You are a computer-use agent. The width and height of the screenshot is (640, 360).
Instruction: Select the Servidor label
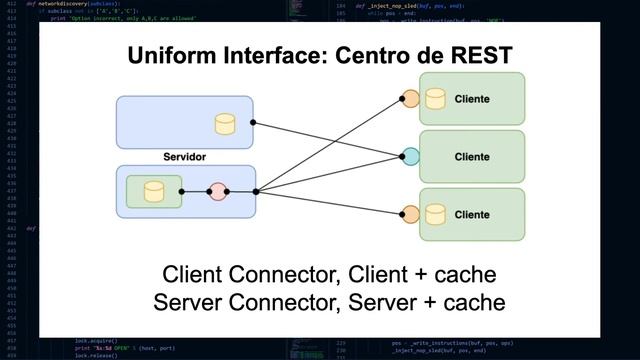pyautogui.click(x=184, y=158)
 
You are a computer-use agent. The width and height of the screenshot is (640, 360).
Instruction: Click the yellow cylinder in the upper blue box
pyautogui.click(x=225, y=124)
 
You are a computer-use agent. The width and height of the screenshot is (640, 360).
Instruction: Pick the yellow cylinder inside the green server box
pyautogui.click(x=154, y=191)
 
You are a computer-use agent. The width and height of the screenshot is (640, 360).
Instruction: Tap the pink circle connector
pyautogui.click(x=218, y=191)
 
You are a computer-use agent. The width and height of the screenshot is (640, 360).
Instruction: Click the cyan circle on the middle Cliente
pyautogui.click(x=410, y=156)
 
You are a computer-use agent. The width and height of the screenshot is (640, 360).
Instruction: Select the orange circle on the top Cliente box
pyautogui.click(x=410, y=98)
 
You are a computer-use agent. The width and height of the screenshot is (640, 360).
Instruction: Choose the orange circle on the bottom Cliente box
pyautogui.click(x=410, y=214)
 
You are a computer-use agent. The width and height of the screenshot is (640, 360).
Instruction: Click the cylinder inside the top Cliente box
pyautogui.click(x=435, y=98)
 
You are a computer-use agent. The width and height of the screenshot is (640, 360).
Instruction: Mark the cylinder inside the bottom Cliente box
pyautogui.click(x=435, y=214)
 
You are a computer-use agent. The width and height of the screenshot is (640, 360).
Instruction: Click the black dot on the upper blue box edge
pyautogui.click(x=253, y=123)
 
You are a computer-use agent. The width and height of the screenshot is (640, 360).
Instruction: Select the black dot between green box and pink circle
pyautogui.click(x=182, y=191)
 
